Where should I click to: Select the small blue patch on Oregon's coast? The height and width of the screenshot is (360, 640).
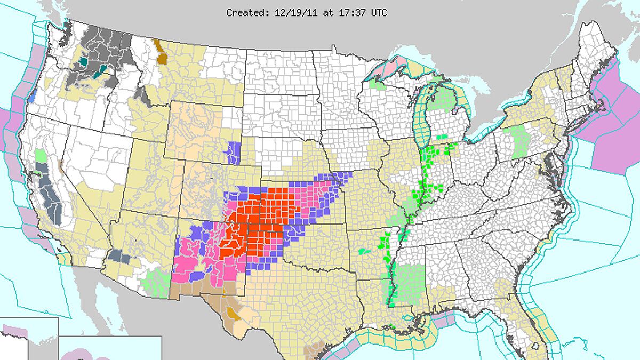[x=33, y=98]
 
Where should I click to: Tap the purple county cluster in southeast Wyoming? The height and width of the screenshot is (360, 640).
[x=233, y=153]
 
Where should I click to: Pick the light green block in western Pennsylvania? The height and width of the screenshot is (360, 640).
[x=518, y=141]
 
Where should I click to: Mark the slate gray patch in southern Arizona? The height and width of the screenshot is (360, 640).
[x=119, y=258]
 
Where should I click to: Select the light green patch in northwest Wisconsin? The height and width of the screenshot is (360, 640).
[x=377, y=84]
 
